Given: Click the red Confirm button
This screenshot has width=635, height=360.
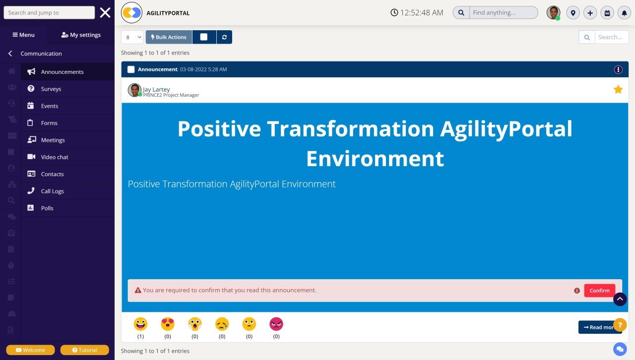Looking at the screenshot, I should pos(599,291).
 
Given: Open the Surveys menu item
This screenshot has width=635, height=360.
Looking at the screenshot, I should pos(51,89).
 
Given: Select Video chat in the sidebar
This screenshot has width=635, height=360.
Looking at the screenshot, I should pos(55,157).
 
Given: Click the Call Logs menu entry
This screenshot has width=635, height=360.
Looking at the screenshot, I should pos(52,191).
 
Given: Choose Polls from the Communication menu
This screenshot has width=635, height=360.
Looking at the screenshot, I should pos(47,208).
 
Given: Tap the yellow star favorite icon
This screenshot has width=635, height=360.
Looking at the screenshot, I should pos(618,89).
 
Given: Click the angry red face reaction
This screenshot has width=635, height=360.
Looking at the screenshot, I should pos(276,324).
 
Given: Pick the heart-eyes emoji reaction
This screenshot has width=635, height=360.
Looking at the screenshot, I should pos(168,324).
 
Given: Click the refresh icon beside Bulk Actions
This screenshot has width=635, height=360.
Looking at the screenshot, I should pos(224,37).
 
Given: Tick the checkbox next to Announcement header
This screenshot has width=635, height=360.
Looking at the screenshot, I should pos(131,69).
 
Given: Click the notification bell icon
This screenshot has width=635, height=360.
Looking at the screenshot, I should pos(624,13).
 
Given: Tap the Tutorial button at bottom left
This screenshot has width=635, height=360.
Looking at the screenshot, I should pos(84,350).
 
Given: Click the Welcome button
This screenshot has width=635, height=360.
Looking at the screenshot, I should pos(30,350).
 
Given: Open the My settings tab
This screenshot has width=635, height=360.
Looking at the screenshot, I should pos(81,35).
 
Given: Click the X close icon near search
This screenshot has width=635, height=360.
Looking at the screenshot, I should pos(105,13).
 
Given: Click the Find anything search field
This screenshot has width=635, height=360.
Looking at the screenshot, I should pos(503,13).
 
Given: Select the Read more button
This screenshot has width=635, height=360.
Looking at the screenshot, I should pos(597,327).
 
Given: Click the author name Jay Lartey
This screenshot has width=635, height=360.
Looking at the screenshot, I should pos(156,89).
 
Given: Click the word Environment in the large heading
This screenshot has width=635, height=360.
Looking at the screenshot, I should pos(375,159).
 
